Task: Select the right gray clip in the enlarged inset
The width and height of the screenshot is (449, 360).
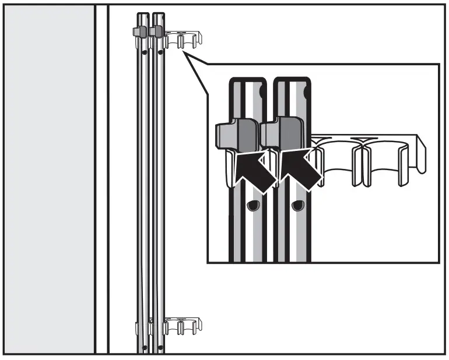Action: coord(283,133)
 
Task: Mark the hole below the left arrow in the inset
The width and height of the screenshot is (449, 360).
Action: coord(252,206)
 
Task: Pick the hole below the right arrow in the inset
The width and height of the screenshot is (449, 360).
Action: coord(298,205)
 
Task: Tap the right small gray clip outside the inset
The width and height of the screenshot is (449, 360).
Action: coord(156,31)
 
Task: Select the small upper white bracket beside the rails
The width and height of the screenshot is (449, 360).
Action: coord(184,40)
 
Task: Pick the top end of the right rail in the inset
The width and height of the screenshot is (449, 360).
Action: coord(289,82)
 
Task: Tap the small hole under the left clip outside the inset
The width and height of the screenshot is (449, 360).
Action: coord(143,52)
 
